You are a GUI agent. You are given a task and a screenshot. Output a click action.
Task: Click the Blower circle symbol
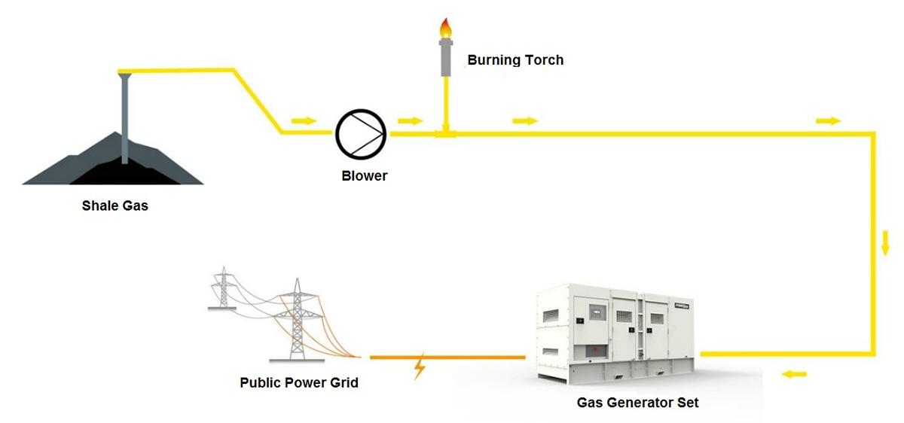tap(361, 134)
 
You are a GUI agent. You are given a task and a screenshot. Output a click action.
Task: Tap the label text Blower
tap(364, 176)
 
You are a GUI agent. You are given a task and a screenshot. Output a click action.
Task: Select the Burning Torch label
tap(515, 60)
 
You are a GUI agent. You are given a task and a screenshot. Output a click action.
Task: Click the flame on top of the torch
tap(446, 29)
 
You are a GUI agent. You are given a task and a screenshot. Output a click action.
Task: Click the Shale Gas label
tap(115, 205)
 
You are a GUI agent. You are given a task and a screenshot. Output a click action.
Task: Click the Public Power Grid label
tap(299, 382)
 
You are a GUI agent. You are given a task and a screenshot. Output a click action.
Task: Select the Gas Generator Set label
tap(637, 403)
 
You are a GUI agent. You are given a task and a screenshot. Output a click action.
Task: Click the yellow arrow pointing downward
tap(886, 243)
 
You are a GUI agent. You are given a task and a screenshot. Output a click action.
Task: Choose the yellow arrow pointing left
tap(794, 374)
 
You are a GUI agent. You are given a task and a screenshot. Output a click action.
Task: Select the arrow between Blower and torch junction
tap(411, 120)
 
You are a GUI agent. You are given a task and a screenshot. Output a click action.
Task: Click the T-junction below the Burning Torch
tap(446, 133)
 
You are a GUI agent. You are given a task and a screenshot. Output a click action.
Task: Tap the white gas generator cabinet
tap(616, 331)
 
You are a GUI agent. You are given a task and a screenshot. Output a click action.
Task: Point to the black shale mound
tap(113, 169)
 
